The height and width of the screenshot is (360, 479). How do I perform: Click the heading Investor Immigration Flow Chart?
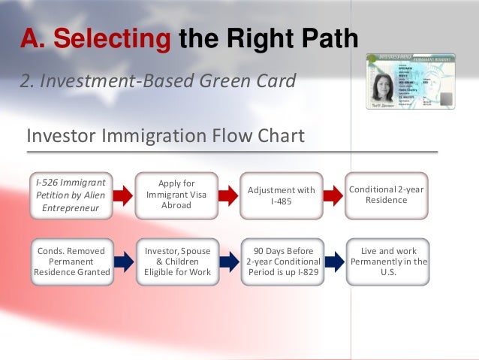[165, 136]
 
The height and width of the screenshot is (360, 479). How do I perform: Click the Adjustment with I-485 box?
[282, 195]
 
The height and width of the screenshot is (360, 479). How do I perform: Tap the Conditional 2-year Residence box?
[387, 195]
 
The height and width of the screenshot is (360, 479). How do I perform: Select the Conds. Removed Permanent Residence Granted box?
[71, 261]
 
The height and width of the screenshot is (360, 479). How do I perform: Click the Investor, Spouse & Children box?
[176, 261]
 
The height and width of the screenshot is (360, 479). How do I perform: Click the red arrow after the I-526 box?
[123, 195]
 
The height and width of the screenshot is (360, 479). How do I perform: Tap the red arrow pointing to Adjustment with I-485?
[228, 195]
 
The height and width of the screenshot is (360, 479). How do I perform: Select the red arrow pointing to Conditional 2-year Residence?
[333, 195]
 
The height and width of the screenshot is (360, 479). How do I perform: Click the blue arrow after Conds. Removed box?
[123, 261]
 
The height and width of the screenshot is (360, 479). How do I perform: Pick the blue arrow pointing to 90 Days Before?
[228, 261]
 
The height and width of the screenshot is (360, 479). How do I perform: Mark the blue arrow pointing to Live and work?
[333, 261]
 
